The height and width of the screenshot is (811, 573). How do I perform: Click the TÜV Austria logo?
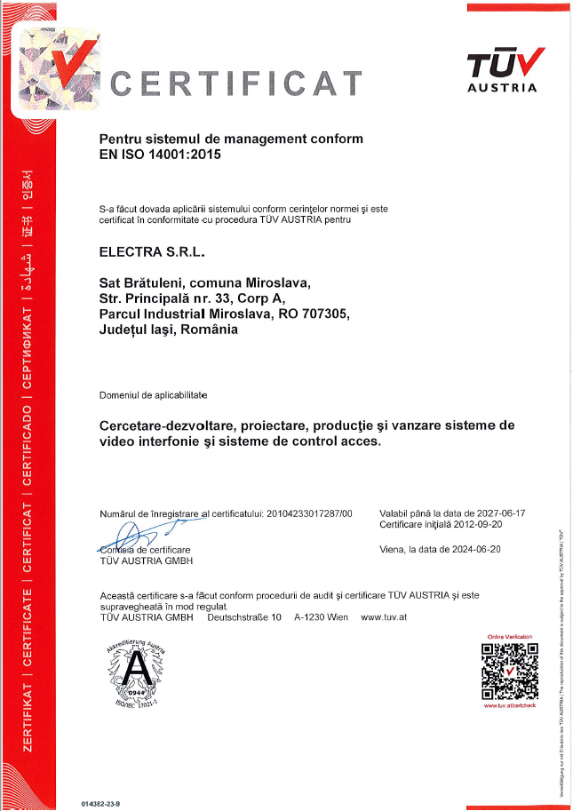tap(502, 68)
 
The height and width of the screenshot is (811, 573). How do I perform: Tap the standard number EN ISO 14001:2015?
tap(160, 154)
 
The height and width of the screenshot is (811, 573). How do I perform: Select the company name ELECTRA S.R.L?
tap(152, 252)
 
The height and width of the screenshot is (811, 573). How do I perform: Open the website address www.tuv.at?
tap(383, 616)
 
